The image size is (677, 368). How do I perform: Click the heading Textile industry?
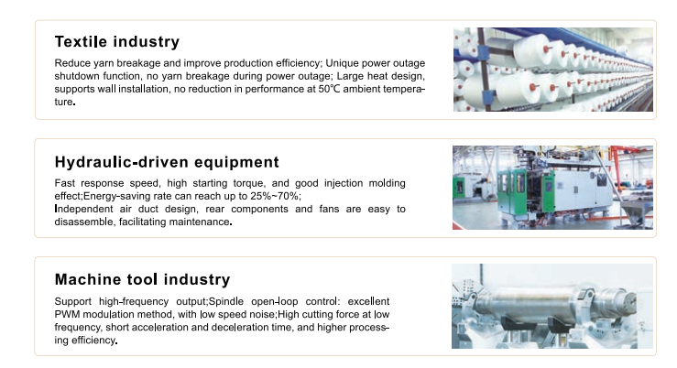click(117, 42)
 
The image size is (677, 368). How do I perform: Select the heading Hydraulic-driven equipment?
click(167, 162)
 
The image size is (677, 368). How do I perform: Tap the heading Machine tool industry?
click(143, 279)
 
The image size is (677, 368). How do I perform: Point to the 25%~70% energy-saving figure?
click(274, 196)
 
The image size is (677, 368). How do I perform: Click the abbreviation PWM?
click(67, 314)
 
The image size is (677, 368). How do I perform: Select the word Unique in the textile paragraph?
click(342, 63)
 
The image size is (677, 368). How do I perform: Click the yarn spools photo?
click(553, 70)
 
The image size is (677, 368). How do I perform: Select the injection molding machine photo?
click(552, 188)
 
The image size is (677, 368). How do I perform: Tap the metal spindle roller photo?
click(552, 307)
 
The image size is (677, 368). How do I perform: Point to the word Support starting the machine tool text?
click(73, 301)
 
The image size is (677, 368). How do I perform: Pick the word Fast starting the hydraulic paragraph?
click(65, 183)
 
